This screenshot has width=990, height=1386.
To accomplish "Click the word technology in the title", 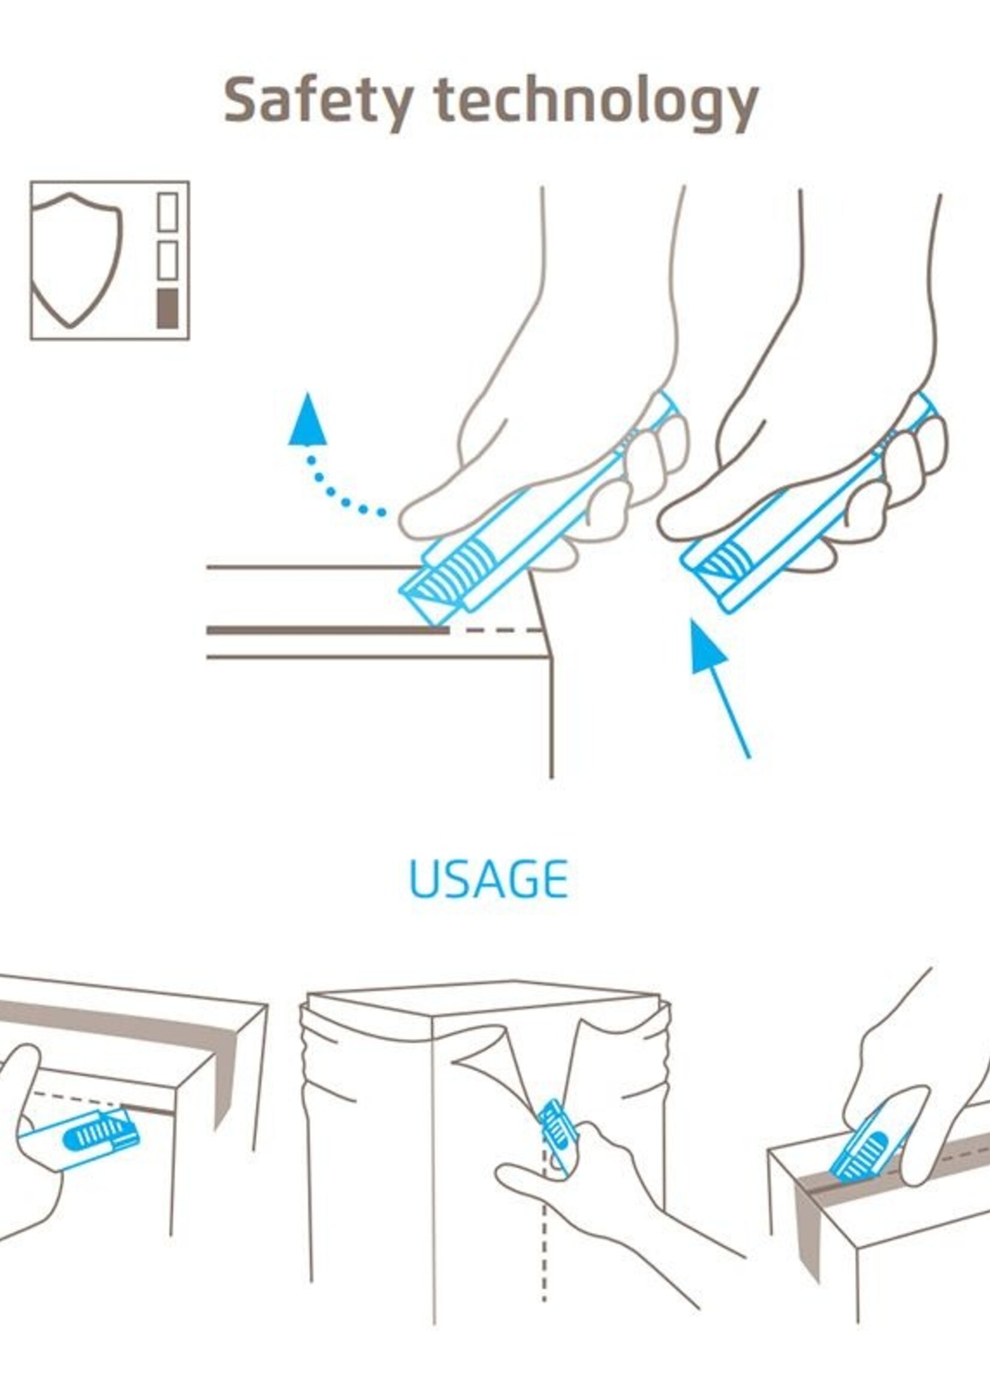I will click(597, 102).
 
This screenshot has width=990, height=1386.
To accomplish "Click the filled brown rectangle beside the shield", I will click(168, 309).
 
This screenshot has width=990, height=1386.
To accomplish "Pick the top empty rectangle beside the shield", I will click(168, 212).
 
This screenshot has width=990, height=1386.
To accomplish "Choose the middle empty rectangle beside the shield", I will click(168, 260).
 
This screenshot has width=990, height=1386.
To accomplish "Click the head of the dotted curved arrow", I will click(309, 419).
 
